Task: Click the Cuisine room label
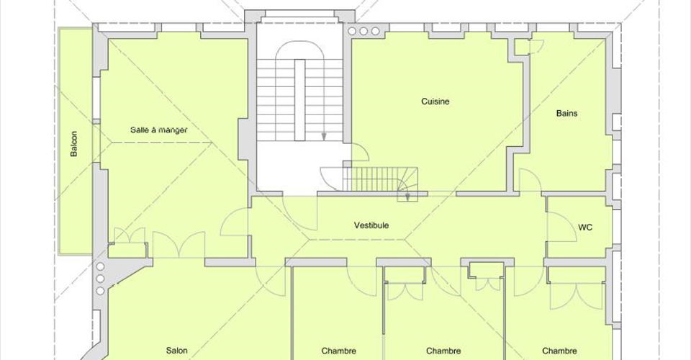click(x=435, y=102)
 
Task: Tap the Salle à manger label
click(x=158, y=130)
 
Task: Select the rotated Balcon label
click(x=74, y=144)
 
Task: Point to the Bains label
click(x=566, y=113)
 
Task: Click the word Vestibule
click(x=371, y=225)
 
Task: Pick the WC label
click(x=585, y=228)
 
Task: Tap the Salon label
click(x=177, y=351)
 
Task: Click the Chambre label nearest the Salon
click(x=339, y=351)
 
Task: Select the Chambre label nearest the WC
click(x=560, y=351)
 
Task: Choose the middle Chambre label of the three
click(x=443, y=351)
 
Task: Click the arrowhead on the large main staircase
click(x=324, y=137)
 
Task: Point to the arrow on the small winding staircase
click(x=407, y=197)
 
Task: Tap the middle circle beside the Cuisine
click(x=363, y=31)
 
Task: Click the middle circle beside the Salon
click(x=101, y=279)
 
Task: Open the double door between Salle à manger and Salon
click(x=179, y=245)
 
